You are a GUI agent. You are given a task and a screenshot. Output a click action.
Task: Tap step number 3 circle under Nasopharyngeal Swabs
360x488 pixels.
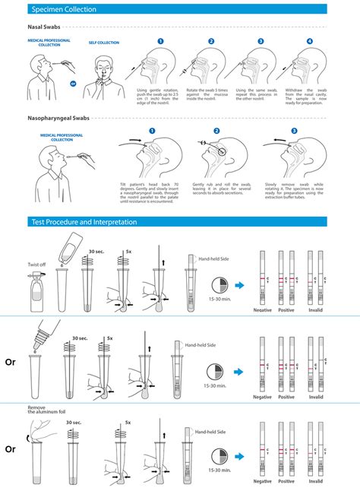[293, 131]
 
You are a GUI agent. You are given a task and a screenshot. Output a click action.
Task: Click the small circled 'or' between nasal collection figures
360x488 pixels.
[73, 84]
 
